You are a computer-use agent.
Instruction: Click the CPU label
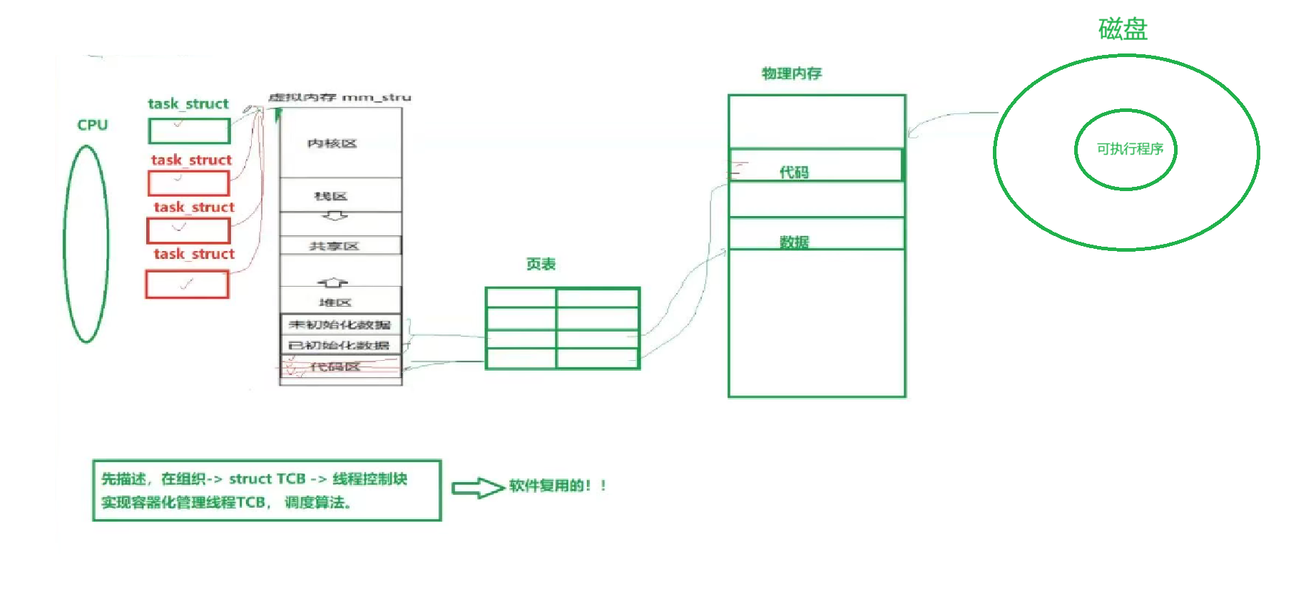92,126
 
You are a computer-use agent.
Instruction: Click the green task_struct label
188,104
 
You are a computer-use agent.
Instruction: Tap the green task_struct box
189,131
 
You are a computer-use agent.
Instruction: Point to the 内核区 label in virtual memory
332,143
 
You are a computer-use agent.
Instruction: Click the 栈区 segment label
330,196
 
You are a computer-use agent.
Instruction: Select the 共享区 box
340,246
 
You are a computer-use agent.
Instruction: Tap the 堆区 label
335,302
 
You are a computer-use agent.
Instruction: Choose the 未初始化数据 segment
340,324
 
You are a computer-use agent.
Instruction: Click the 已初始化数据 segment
340,345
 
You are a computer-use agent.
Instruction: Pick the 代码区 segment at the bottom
340,367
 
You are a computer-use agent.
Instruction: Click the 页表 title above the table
541,265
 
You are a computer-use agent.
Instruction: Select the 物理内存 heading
792,73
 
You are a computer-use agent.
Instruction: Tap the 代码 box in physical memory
816,165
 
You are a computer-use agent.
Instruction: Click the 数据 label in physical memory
794,242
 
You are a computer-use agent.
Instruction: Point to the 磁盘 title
1123,29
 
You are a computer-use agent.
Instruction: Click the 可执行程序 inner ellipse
1126,149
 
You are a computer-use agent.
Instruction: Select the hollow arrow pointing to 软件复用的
478,488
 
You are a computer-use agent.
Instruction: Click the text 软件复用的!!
557,486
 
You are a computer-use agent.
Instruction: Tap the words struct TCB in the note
267,479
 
